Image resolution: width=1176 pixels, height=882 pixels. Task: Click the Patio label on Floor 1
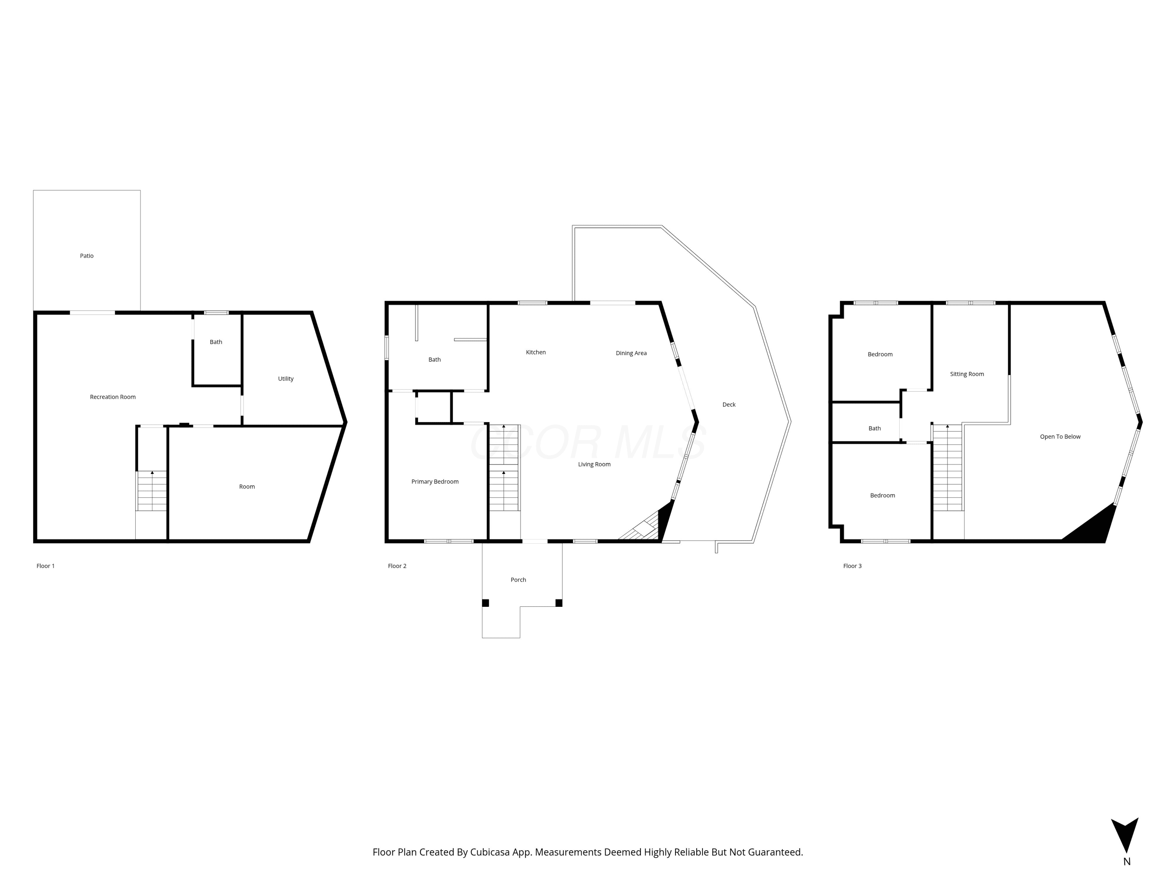[87, 256]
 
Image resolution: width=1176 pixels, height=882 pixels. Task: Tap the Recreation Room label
[113, 397]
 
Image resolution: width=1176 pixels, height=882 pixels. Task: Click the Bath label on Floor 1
[216, 342]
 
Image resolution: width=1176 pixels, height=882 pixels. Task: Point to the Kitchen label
[536, 352]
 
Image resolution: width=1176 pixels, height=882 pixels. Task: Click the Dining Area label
[631, 353]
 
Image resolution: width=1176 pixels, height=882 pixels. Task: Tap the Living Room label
[594, 464]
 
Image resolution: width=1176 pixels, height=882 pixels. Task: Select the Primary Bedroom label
[435, 482]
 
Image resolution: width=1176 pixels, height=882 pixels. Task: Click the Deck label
[729, 405]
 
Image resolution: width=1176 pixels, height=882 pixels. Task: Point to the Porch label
[518, 579]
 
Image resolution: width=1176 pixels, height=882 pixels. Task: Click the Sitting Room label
[967, 374]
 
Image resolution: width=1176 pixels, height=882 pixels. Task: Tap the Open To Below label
[1060, 436]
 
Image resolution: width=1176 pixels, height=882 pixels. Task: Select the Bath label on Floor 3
[875, 428]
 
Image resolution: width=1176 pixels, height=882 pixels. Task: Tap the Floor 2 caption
[397, 566]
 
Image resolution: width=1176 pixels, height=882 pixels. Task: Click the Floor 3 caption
[852, 566]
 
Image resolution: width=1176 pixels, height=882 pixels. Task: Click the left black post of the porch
[485, 603]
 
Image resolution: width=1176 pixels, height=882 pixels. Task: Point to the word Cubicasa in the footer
[490, 852]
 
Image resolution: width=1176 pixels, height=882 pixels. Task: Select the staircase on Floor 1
[152, 491]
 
